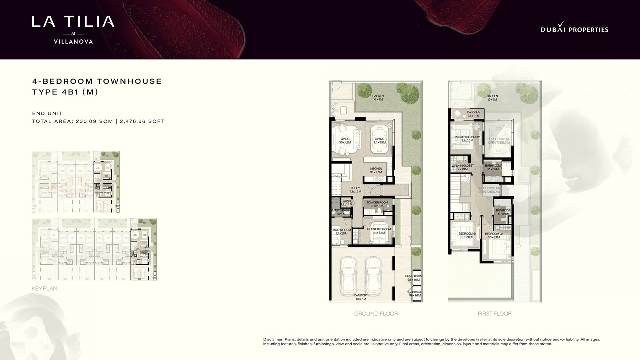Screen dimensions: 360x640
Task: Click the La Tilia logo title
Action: (73, 21)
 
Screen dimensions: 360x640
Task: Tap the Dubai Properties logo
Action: (574, 29)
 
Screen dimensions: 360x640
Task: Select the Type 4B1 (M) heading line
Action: (65, 92)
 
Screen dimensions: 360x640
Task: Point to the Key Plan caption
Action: (44, 289)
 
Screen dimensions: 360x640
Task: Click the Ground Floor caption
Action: (376, 313)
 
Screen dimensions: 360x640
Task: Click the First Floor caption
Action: (495, 313)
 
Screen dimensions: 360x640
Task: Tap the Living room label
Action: (345, 139)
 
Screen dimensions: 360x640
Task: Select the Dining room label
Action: (379, 139)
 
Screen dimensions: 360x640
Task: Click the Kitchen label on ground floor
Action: (376, 169)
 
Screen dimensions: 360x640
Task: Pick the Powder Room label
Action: (377, 203)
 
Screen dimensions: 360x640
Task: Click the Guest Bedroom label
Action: (379, 229)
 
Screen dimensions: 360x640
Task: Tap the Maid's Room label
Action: (341, 230)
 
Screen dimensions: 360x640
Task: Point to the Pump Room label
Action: (414, 276)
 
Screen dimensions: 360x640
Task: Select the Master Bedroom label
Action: (467, 137)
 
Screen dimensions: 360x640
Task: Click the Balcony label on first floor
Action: (474, 112)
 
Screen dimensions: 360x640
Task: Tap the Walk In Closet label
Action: (463, 166)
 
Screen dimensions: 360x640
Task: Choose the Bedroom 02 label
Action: (494, 234)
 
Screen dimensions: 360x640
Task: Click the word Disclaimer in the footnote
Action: (273, 339)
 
